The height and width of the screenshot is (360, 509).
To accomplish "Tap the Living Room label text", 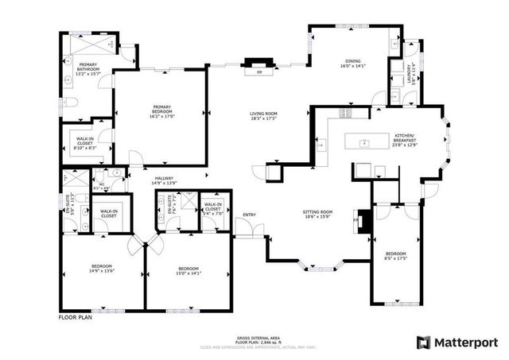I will click(x=263, y=116).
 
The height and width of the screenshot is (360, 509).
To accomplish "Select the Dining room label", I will click(x=352, y=64).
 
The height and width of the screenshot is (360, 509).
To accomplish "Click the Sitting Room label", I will click(x=317, y=215).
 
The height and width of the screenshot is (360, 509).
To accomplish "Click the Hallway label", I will click(x=164, y=180).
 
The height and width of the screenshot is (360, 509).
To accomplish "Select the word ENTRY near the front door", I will click(x=250, y=215).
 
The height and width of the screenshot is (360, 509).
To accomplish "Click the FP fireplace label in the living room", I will click(x=259, y=72).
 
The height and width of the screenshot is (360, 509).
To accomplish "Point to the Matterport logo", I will click(x=457, y=342).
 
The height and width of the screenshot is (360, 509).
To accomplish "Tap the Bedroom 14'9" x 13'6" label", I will click(x=101, y=268).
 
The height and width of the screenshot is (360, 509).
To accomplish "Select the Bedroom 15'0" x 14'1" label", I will click(x=188, y=271).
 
